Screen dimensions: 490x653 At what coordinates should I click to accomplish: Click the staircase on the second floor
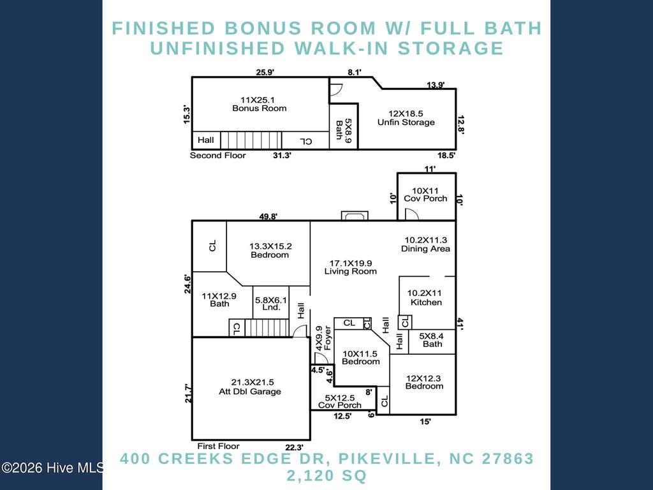[x=251, y=140]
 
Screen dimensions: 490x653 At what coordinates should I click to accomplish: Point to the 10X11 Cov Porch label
[x=425, y=195]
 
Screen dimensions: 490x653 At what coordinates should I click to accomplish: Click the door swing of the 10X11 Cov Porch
[x=411, y=214]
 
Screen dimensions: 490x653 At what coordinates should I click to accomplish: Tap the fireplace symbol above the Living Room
[x=354, y=216]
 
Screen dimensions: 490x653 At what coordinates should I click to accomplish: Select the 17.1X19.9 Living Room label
[x=350, y=267]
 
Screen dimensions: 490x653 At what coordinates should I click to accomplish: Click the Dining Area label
[x=425, y=244]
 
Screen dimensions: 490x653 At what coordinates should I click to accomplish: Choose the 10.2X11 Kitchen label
[x=425, y=298]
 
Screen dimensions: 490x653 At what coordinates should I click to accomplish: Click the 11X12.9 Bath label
[x=219, y=300]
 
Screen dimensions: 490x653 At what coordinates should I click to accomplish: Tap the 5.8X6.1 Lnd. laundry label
[x=271, y=302]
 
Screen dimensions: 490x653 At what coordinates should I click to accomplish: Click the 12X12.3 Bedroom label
[x=424, y=382]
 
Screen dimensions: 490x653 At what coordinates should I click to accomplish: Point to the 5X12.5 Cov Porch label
[x=340, y=401]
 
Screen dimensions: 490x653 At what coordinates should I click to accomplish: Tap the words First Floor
[x=218, y=446]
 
